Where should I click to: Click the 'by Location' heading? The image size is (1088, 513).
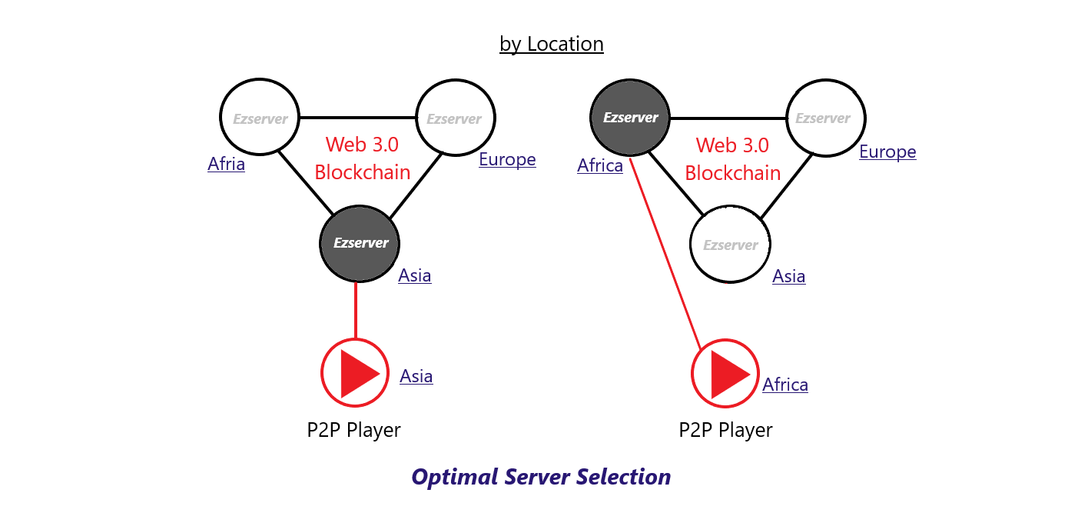tap(551, 45)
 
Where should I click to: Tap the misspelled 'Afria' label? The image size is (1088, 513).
tap(227, 164)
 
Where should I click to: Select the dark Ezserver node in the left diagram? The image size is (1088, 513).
tap(360, 244)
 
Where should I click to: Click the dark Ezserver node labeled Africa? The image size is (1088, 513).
tap(630, 118)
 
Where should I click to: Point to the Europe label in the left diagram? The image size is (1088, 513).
tap(507, 159)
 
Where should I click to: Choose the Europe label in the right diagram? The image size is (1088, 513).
tap(887, 152)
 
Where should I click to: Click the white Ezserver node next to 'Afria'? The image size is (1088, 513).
tap(260, 117)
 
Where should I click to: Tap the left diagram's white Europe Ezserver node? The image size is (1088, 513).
tap(456, 118)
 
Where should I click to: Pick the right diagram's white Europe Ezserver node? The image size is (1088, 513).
tap(826, 118)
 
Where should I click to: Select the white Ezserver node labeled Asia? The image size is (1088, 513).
tap(730, 244)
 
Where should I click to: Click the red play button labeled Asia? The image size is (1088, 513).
tap(355, 373)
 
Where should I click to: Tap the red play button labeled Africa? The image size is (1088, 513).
tap(725, 374)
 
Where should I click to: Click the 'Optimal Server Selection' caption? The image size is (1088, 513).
tap(541, 477)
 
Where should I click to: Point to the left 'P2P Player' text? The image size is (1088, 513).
tap(353, 430)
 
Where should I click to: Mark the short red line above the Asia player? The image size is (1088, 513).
tap(356, 310)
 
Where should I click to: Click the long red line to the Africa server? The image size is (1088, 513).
tap(665, 253)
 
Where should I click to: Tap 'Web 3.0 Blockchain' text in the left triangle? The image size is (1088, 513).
tap(363, 158)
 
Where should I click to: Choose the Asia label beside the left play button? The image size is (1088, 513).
tap(416, 376)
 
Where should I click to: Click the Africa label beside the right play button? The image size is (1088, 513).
tap(785, 385)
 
